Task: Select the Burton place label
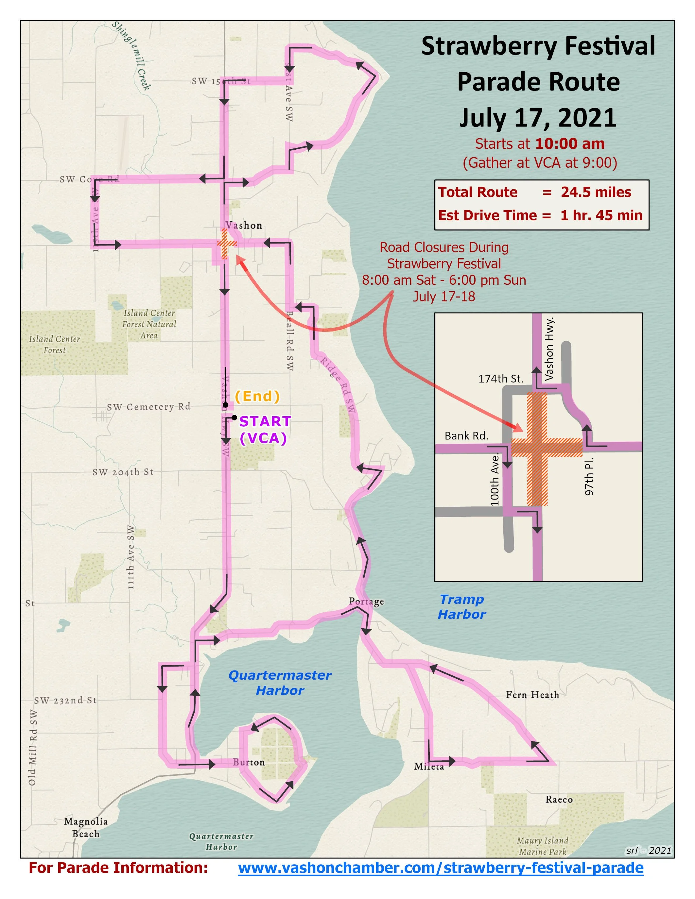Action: [x=249, y=762]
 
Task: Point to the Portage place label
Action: [x=366, y=602]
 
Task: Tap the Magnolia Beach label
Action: [x=86, y=827]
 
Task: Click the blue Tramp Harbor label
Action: [x=461, y=607]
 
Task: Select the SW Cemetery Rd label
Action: [x=148, y=407]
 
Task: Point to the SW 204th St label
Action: [x=123, y=472]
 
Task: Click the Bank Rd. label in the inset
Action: [x=466, y=436]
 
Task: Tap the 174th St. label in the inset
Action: [x=501, y=379]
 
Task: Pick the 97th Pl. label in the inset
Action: [x=589, y=476]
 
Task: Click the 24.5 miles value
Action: [x=596, y=192]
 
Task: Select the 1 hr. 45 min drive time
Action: [x=601, y=215]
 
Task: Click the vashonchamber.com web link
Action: [x=441, y=868]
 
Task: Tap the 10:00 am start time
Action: [x=570, y=144]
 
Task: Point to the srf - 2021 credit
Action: [x=649, y=850]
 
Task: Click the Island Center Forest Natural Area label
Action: [x=149, y=324]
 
